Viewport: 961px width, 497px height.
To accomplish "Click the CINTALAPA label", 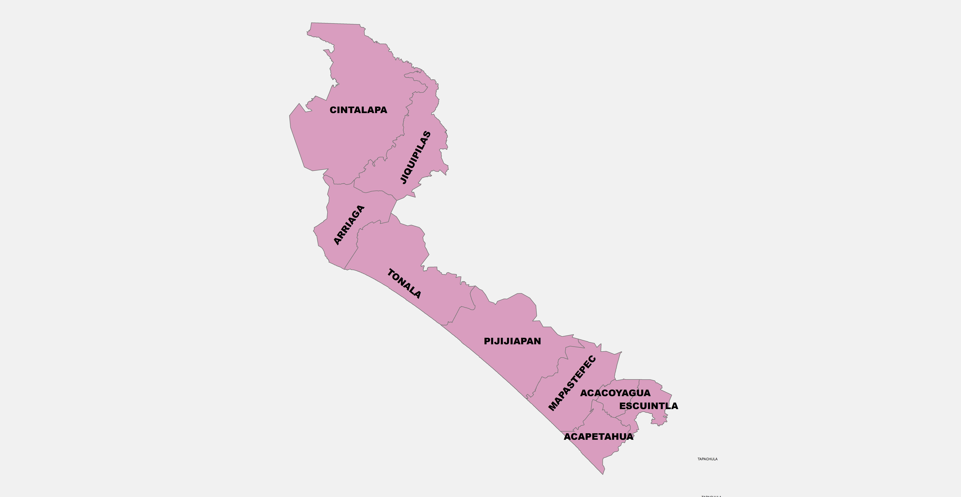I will click(358, 110).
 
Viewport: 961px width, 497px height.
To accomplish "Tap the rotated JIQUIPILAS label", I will click(415, 157).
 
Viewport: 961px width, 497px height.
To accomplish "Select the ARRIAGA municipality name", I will click(349, 225).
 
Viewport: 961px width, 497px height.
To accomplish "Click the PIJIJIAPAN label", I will click(512, 341).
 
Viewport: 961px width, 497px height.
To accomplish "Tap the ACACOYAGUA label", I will click(615, 393).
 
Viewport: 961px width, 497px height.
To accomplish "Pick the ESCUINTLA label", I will click(648, 406).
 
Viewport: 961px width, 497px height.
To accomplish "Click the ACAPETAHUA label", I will click(598, 437).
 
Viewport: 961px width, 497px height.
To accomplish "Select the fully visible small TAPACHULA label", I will click(707, 459).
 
